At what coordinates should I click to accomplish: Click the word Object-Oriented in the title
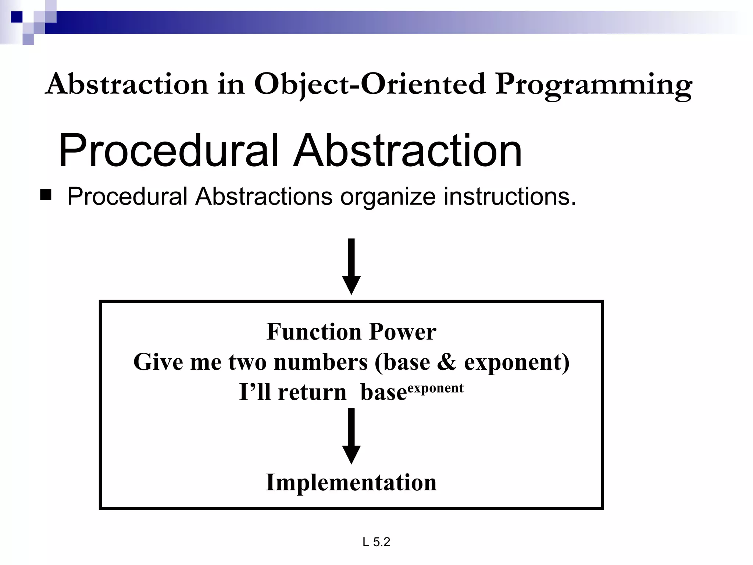pos(370,84)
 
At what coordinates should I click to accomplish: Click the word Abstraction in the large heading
pos(407,151)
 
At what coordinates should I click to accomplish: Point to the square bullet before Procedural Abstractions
pos(46,195)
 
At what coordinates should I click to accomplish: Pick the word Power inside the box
pos(403,332)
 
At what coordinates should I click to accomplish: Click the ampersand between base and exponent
pos(446,362)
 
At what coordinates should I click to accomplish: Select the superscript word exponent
pos(436,388)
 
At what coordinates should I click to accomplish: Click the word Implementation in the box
pos(351,483)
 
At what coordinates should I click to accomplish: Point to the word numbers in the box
pos(321,362)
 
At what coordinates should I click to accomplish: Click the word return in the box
pos(312,392)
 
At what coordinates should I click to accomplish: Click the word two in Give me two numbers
pos(247,362)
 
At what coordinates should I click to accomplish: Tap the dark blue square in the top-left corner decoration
pos(17,17)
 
